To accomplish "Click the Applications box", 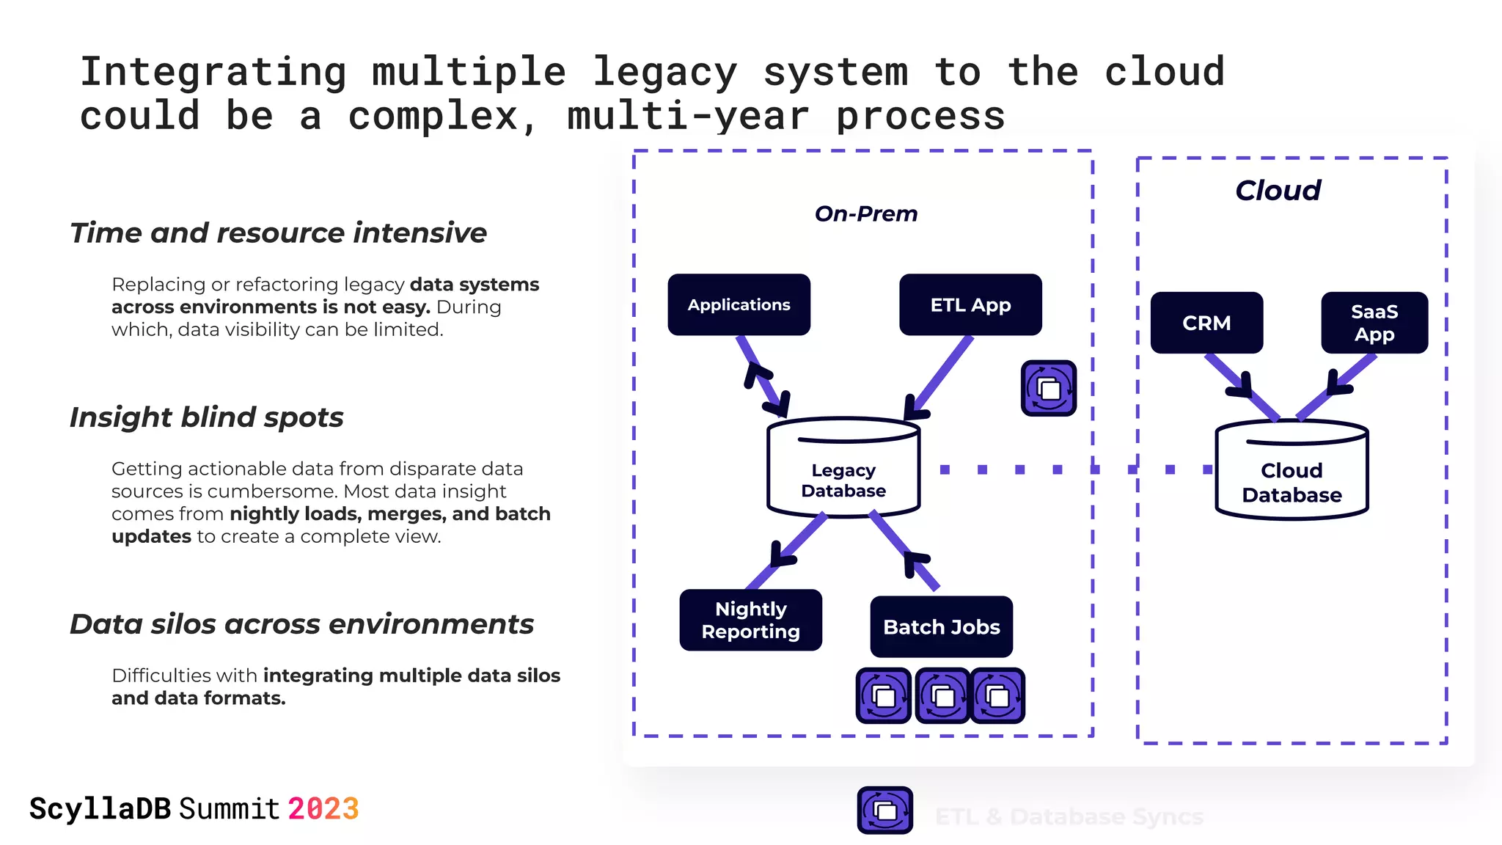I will [x=739, y=304].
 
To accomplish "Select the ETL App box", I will [x=970, y=304].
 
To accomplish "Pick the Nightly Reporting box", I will [x=750, y=620].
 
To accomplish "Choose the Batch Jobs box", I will [x=941, y=626].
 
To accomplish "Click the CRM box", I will [x=1206, y=323].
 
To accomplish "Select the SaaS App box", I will [x=1374, y=323].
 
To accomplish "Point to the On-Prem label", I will [x=865, y=213].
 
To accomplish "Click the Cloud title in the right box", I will [x=1278, y=191].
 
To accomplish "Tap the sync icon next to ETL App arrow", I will [x=1049, y=388].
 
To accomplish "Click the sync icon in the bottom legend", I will [x=884, y=810].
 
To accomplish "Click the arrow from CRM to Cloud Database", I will [x=1241, y=385].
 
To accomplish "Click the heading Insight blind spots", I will [x=206, y=417].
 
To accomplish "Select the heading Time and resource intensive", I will [x=278, y=233].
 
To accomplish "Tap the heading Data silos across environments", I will [x=301, y=623].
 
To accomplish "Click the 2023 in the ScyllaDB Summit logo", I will [x=323, y=809].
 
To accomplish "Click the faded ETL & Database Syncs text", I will [x=1069, y=816].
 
